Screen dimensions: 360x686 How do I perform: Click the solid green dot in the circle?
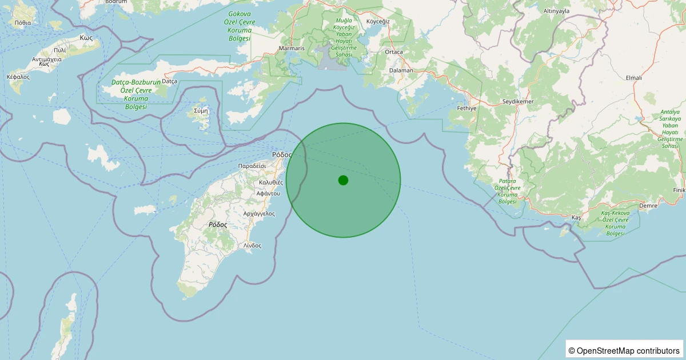(343, 180)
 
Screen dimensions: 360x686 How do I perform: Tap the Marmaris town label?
(292, 49)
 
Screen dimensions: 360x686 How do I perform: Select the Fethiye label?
(467, 108)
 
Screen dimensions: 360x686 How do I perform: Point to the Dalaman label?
(401, 70)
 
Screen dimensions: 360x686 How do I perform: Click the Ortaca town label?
(394, 52)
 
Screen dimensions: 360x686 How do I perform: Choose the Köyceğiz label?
(377, 21)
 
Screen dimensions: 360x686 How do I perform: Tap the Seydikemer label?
(517, 101)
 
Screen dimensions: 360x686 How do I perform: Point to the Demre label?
(648, 205)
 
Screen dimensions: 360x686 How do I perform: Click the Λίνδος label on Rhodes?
(252, 245)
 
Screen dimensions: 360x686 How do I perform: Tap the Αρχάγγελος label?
(259, 214)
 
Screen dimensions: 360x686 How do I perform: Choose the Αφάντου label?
(268, 193)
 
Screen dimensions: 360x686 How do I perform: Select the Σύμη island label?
(201, 110)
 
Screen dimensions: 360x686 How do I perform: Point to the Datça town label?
(170, 81)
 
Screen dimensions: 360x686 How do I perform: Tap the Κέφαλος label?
(18, 76)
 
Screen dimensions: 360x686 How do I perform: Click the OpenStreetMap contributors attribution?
(625, 350)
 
